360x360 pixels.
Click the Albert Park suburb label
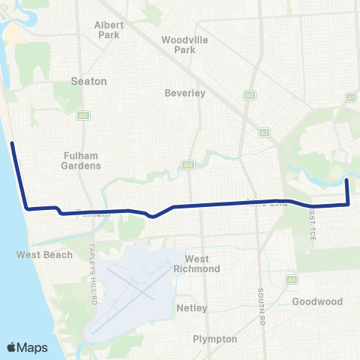(109, 29)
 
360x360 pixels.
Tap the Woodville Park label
(178, 44)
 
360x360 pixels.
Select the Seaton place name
(88, 81)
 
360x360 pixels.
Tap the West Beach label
(45, 255)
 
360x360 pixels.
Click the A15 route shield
(82, 115)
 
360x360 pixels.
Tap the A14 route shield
(187, 164)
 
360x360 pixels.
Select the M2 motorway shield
(250, 95)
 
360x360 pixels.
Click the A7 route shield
(264, 133)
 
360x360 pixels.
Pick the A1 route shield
(350, 97)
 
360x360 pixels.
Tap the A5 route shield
(292, 280)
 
